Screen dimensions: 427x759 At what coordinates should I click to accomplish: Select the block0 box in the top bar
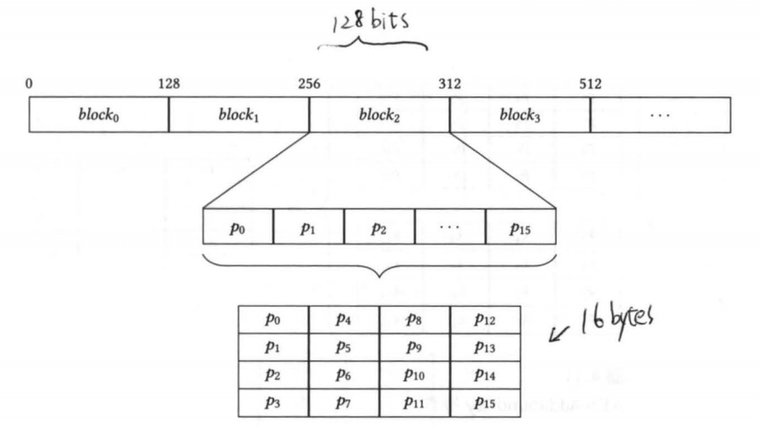tap(99, 115)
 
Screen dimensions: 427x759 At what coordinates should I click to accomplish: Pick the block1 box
tap(239, 115)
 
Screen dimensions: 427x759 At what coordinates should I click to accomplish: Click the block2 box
tap(379, 115)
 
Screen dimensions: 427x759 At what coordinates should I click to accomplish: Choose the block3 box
tap(520, 115)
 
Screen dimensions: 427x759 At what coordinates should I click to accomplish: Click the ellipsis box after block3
tap(660, 115)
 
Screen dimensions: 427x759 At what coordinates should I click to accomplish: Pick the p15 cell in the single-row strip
tap(520, 227)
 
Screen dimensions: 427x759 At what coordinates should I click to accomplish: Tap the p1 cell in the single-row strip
tap(309, 227)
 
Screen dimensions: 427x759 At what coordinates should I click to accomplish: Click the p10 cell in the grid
tap(414, 375)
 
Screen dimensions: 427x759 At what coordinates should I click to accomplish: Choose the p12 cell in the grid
tap(484, 320)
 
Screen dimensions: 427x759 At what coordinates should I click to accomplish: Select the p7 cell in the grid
tap(344, 402)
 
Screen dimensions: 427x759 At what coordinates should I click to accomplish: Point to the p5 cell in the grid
tap(344, 347)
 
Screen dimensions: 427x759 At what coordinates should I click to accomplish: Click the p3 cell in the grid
tap(272, 402)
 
